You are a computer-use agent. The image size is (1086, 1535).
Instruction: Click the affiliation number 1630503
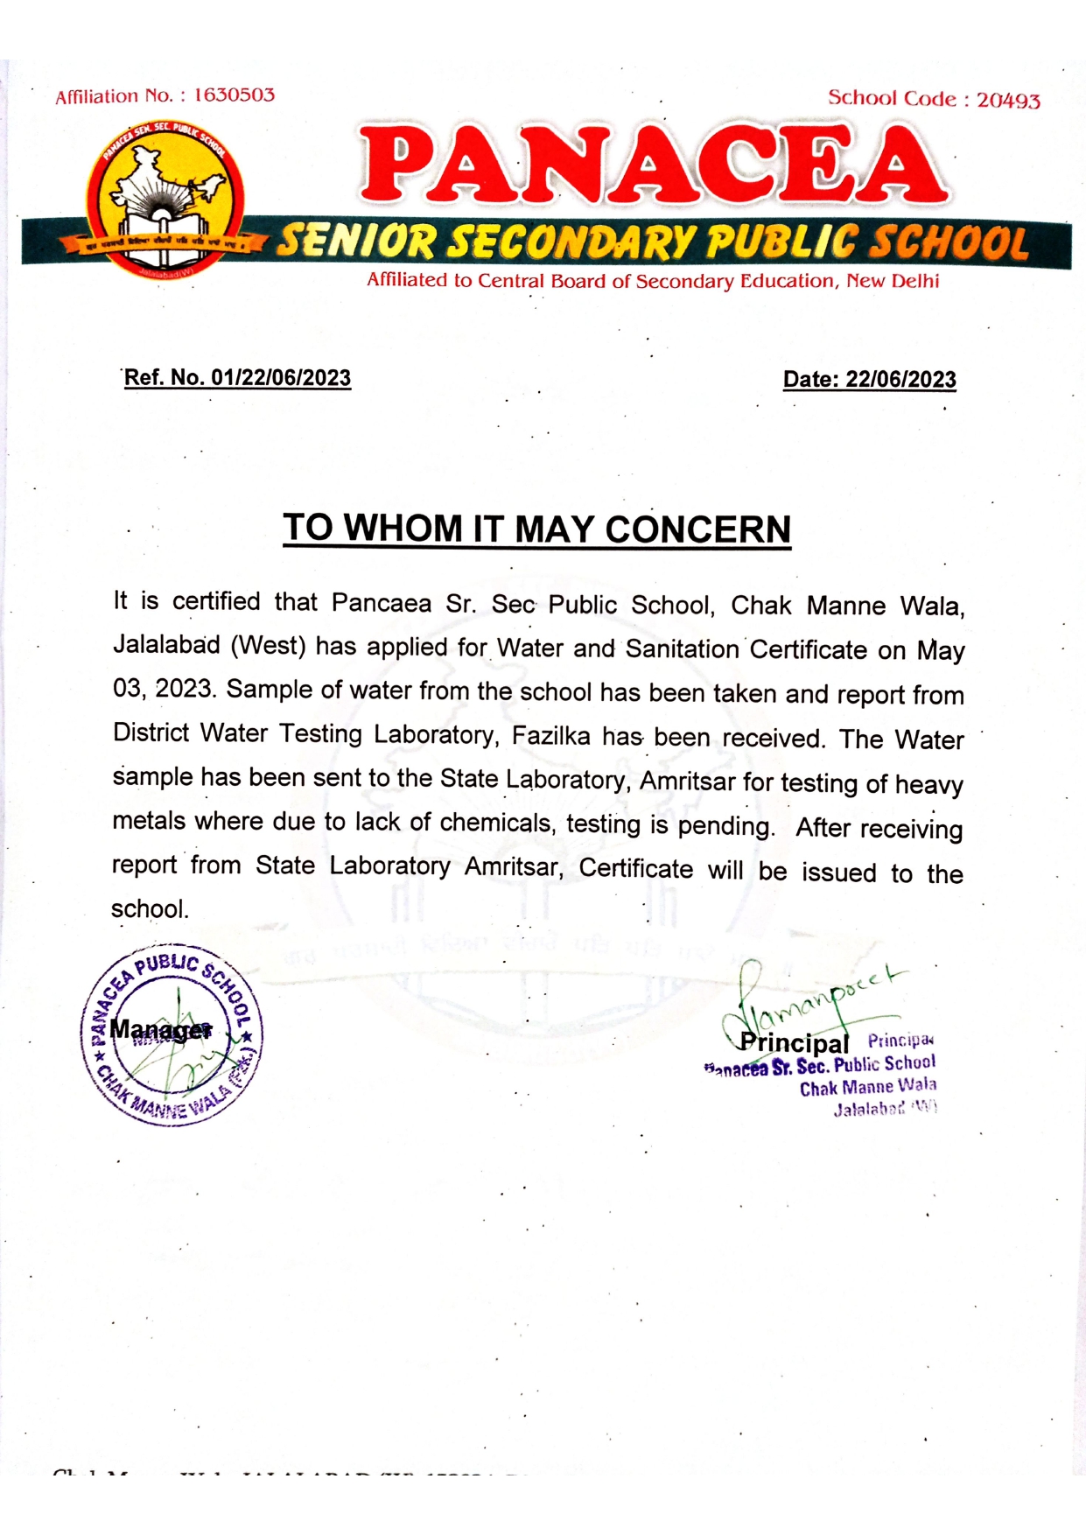(x=234, y=95)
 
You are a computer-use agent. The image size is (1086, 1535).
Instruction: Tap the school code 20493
(x=1008, y=101)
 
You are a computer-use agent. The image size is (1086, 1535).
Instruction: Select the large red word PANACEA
(x=653, y=164)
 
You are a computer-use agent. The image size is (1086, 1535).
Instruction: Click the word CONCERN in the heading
(x=697, y=529)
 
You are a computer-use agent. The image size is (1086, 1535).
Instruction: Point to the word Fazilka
(x=551, y=735)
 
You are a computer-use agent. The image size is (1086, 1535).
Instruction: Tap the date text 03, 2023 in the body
(x=164, y=689)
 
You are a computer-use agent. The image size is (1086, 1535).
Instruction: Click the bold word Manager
(x=161, y=1030)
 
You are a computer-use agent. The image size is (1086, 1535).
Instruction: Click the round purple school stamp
(x=172, y=1035)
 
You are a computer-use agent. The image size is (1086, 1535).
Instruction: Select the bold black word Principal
(x=795, y=1043)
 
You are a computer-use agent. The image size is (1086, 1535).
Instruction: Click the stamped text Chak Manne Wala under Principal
(x=867, y=1087)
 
